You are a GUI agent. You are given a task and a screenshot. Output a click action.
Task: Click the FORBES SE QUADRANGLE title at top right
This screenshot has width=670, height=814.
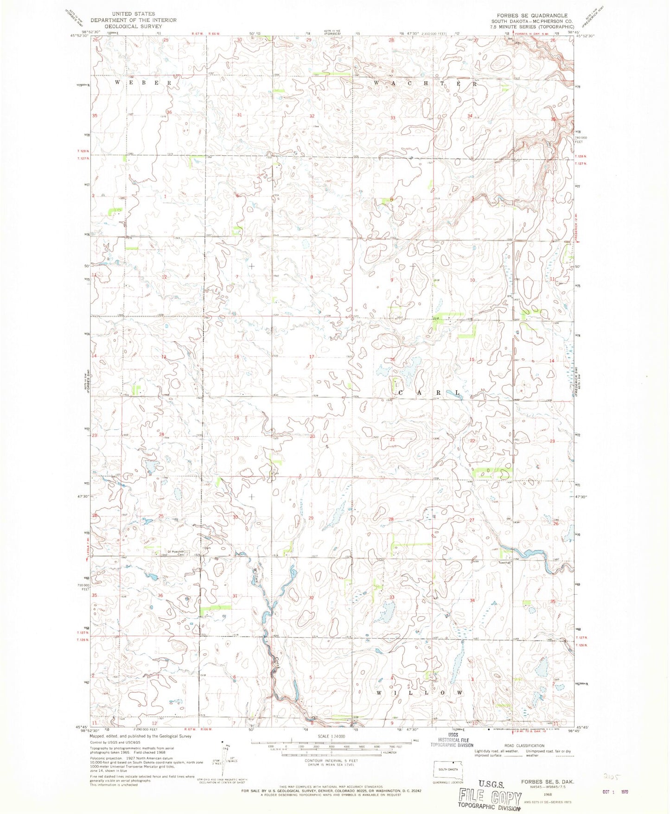[x=532, y=16]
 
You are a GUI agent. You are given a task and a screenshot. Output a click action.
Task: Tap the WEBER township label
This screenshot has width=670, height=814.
[x=143, y=83]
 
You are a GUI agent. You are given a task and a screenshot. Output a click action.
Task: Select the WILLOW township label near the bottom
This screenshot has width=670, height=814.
[x=419, y=693]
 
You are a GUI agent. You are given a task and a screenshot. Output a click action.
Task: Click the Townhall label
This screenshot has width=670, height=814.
[x=504, y=562]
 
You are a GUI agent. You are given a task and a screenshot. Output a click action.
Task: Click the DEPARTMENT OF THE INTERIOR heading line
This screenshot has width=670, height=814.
[x=133, y=20]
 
